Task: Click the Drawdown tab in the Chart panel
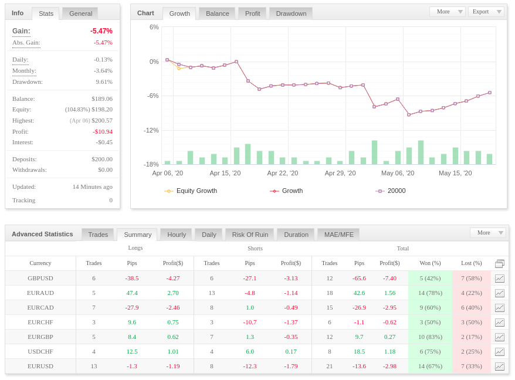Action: [x=291, y=13]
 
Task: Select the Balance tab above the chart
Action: [x=217, y=13]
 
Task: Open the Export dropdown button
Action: [x=486, y=12]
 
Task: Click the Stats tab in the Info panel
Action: [x=46, y=13]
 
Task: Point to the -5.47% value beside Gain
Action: [x=101, y=31]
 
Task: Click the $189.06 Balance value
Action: [x=102, y=99]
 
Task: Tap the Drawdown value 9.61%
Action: [x=104, y=82]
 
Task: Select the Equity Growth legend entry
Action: [x=191, y=191]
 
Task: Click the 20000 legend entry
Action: [x=391, y=191]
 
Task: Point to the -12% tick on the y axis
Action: [x=151, y=130]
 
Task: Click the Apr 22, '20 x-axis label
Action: [x=283, y=173]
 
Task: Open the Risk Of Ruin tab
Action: [x=250, y=235]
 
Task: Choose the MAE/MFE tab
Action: [x=338, y=235]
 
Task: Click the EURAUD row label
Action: [x=40, y=293]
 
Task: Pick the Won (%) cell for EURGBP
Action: [x=431, y=337]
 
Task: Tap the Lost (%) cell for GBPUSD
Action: [x=472, y=278]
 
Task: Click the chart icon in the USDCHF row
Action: [x=500, y=352]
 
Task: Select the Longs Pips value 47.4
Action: [x=132, y=293]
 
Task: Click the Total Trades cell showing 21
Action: [x=330, y=366]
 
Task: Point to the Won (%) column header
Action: [x=431, y=263]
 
